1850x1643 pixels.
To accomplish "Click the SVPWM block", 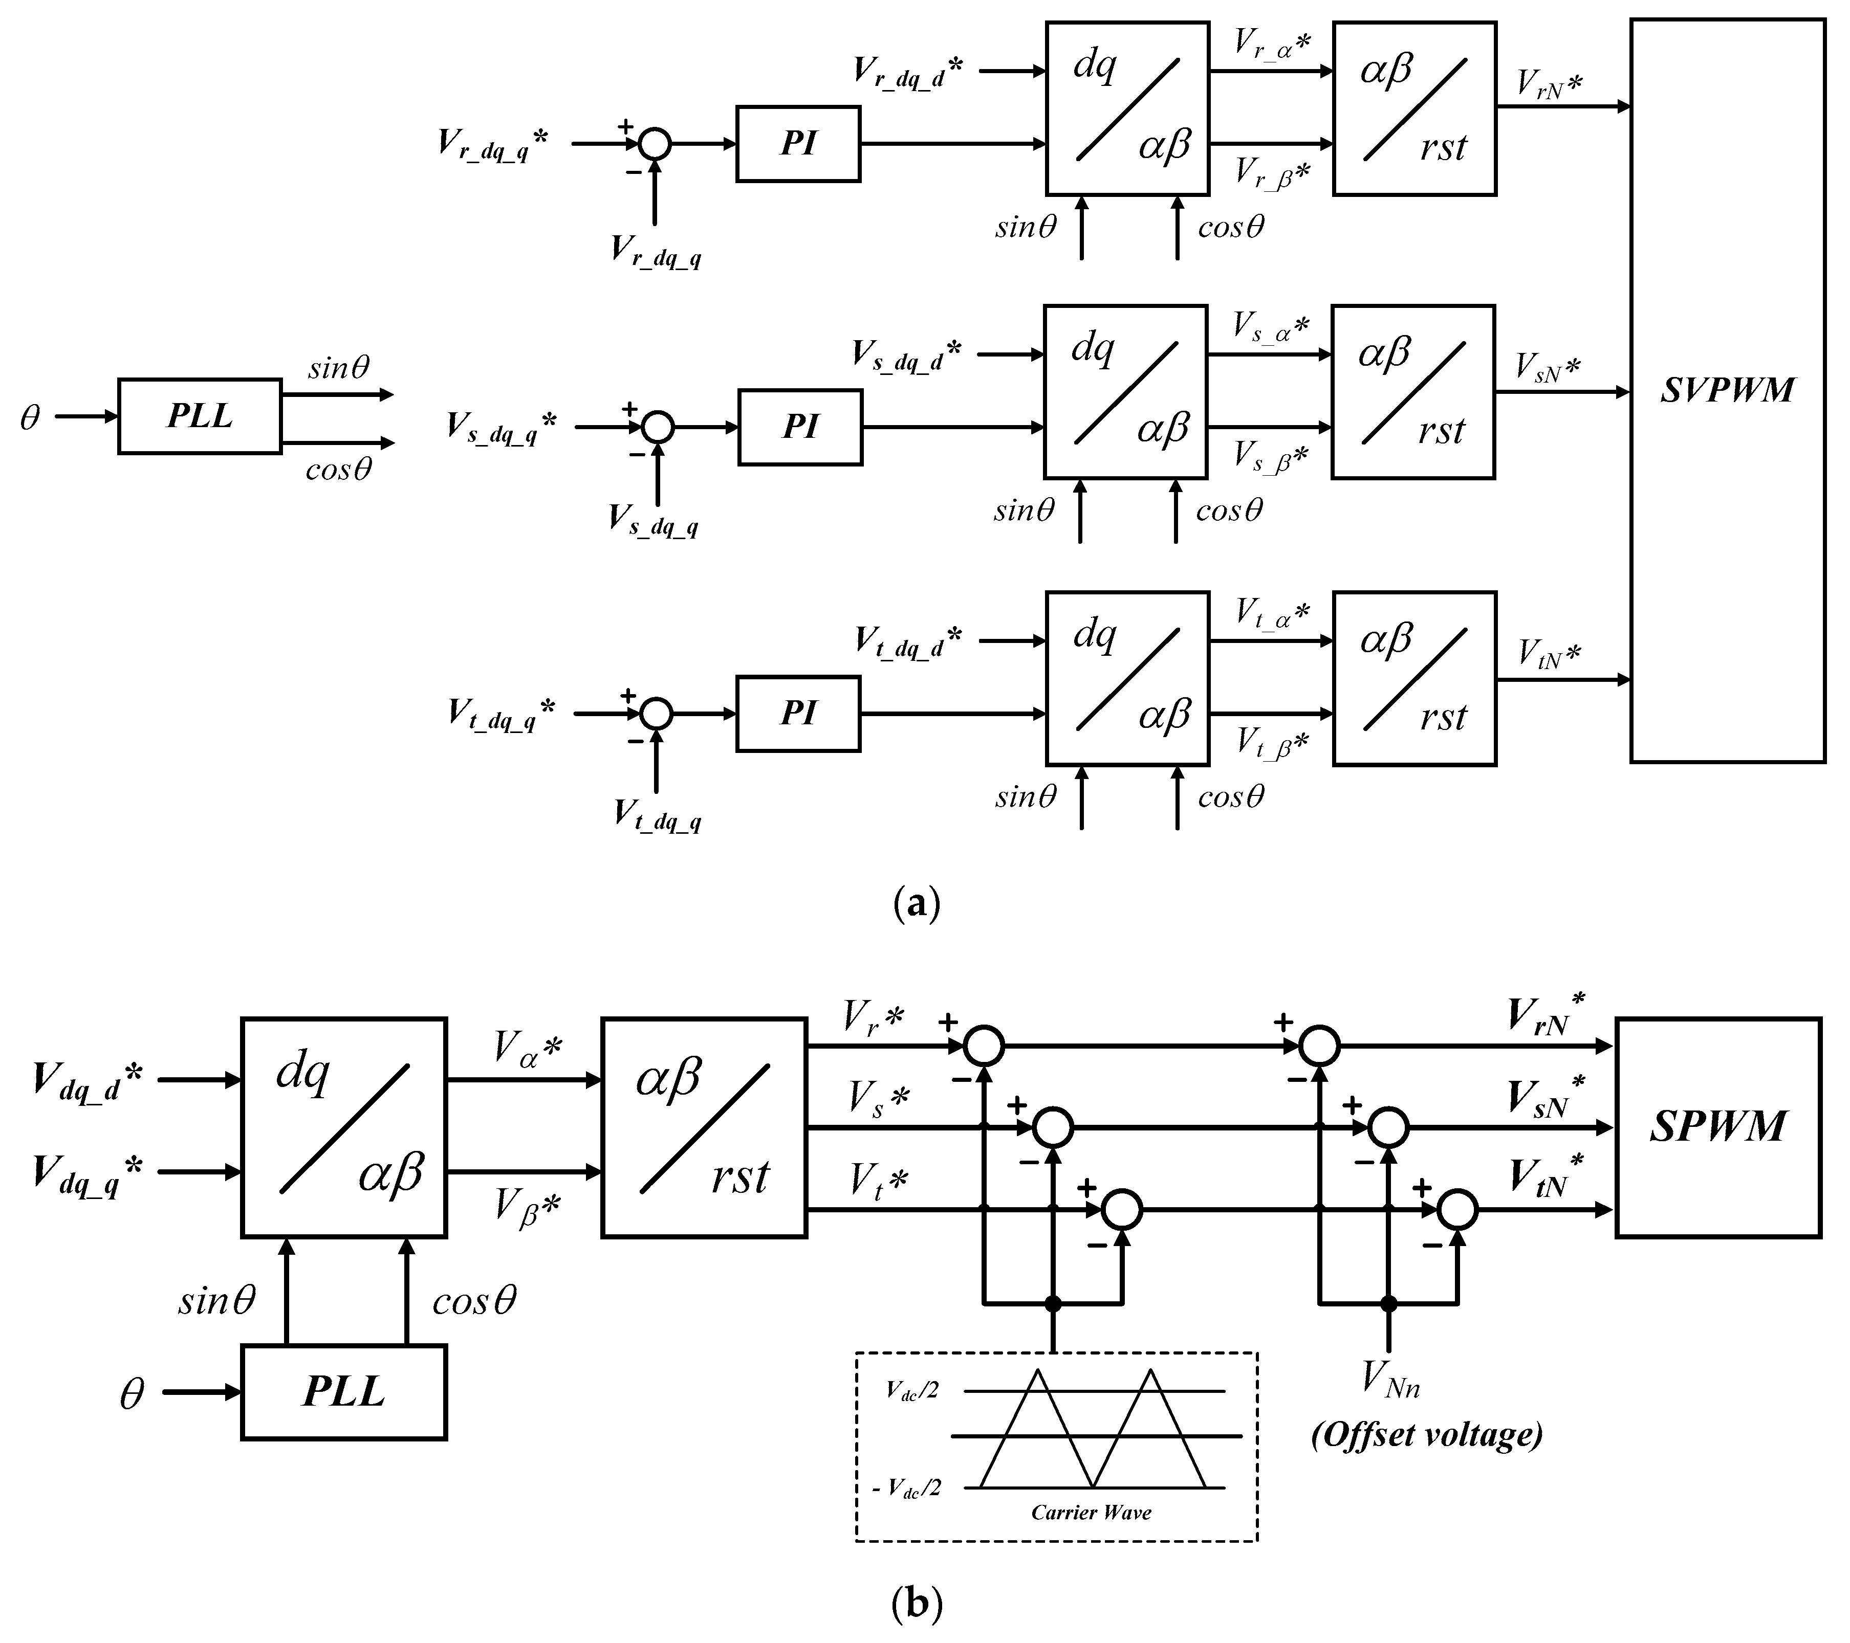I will coord(1727,391).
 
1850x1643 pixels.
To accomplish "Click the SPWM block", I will coord(1718,1127).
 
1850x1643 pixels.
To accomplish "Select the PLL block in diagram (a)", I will coord(199,416).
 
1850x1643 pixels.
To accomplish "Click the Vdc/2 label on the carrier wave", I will coord(912,1391).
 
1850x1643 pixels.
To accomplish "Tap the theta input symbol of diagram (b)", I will coord(132,1394).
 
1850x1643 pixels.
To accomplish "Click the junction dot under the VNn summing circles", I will coord(1388,1304).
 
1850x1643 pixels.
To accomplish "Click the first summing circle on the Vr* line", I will coord(984,1046).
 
